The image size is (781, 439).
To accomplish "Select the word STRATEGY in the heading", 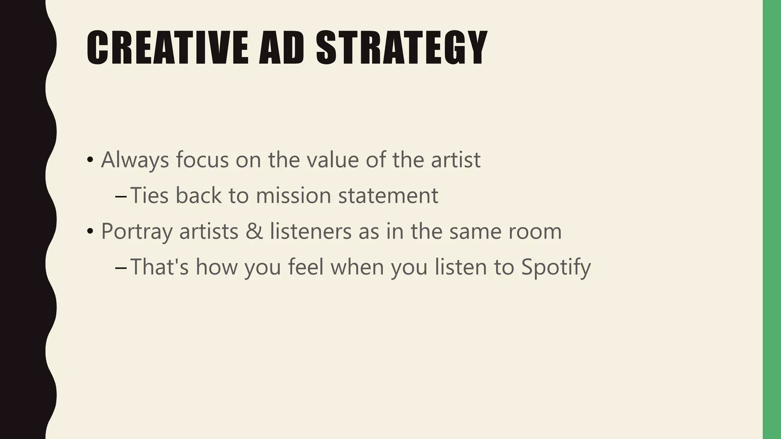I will (401, 48).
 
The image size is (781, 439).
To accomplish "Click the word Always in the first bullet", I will (135, 160).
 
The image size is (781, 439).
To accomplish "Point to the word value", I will (332, 160).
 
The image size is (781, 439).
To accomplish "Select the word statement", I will (388, 195).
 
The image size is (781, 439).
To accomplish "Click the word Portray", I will (136, 231).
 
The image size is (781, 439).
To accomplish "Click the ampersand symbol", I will (254, 231).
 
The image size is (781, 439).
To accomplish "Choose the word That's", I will (159, 267).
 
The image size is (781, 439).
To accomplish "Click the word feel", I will (305, 267).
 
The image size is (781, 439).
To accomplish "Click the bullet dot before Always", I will (90, 160).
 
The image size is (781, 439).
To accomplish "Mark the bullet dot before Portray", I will (90, 232).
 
